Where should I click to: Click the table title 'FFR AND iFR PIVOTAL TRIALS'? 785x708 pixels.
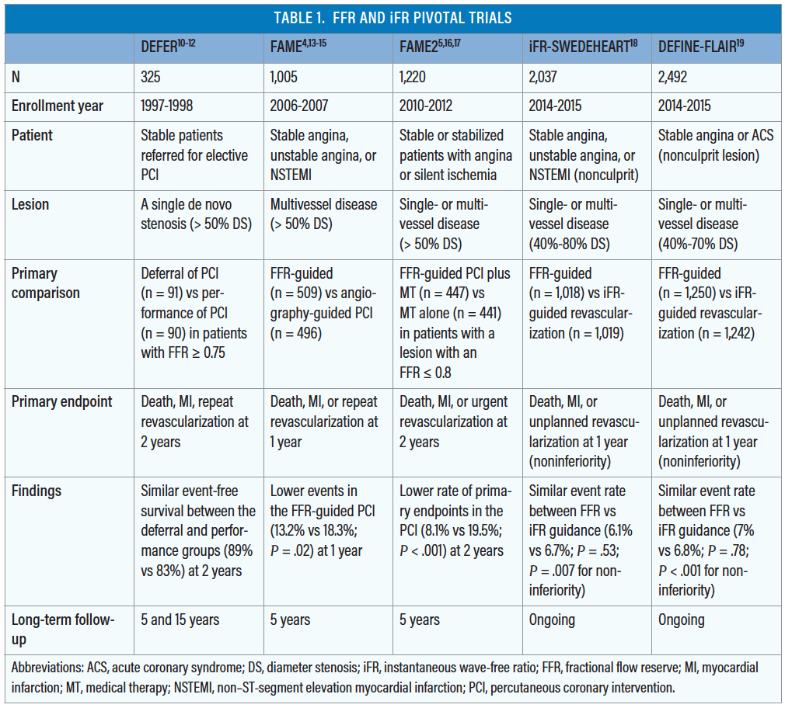[392, 18]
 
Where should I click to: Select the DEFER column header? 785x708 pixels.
[168, 47]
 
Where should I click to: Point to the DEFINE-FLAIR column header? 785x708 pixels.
[701, 47]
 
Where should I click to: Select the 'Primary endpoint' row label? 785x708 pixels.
[61, 401]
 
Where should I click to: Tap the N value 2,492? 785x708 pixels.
[674, 77]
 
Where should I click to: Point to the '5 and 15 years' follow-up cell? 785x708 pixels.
[180, 619]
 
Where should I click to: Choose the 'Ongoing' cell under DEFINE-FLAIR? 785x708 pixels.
[682, 619]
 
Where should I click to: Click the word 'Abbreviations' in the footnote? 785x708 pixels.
[48, 668]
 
